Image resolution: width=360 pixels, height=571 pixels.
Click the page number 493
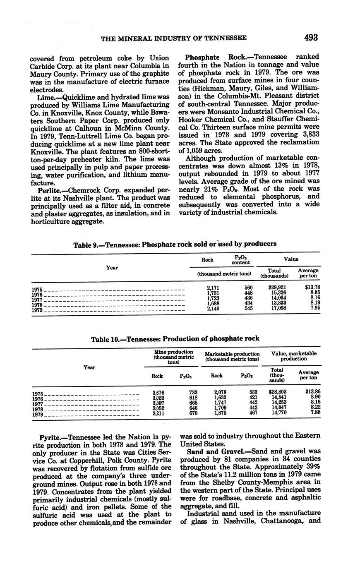pyautogui.click(x=311, y=38)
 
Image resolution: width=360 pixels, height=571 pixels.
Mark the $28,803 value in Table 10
pyautogui.click(x=277, y=391)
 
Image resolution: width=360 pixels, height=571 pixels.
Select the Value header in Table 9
pyautogui.click(x=291, y=259)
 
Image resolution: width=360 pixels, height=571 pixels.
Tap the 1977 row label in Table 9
pyautogui.click(x=37, y=299)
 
